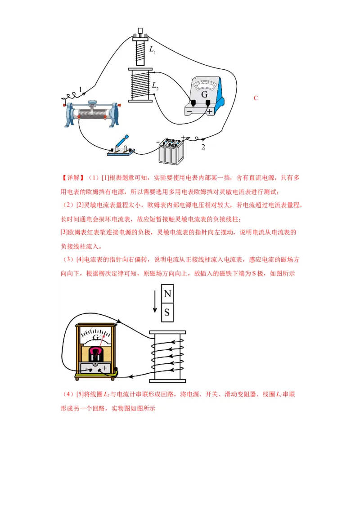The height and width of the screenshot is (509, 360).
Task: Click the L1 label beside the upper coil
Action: point(153,49)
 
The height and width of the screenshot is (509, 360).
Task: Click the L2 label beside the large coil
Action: point(155,85)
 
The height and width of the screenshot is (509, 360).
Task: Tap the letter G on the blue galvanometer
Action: point(204,94)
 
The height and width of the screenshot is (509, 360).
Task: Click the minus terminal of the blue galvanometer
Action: point(193,104)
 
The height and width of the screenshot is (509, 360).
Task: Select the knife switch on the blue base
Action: point(121,146)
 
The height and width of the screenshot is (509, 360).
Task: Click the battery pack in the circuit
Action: point(171,151)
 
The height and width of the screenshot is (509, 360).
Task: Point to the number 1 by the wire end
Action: point(81,90)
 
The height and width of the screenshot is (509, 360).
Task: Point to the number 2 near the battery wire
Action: point(203,147)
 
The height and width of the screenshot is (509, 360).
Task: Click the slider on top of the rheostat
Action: point(93,104)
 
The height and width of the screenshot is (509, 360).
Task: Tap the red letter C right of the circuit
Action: point(256,98)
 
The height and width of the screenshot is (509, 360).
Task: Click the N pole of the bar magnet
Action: point(167,294)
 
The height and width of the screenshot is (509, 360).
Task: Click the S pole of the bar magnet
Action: point(167,313)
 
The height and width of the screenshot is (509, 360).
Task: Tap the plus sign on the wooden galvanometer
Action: point(104,368)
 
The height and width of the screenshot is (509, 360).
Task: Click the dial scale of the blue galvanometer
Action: point(205,85)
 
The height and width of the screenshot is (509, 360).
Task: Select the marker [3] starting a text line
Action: point(63,232)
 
